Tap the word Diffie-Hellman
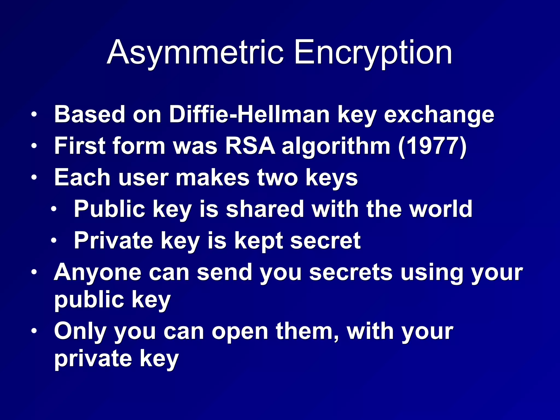[x=249, y=114]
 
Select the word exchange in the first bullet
[x=439, y=115]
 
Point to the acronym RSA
[x=250, y=146]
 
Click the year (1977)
[x=432, y=147]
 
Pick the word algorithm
[x=336, y=147]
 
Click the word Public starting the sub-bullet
[x=109, y=209]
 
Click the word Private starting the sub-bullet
[x=113, y=241]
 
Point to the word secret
[x=325, y=241]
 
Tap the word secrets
[x=351, y=272]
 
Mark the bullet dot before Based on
[x=34, y=114]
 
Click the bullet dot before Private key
[x=54, y=241]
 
